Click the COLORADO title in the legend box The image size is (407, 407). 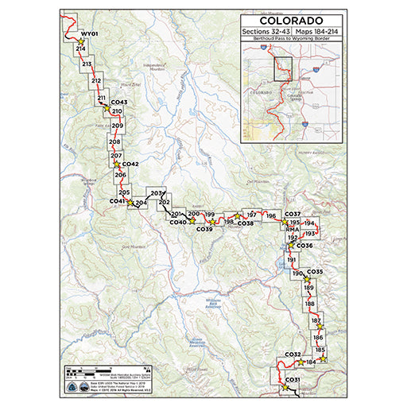tap(291, 19)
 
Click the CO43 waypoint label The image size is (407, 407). tap(119, 103)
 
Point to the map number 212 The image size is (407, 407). tap(96, 81)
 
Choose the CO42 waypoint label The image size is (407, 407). tap(130, 164)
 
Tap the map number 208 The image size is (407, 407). tap(114, 141)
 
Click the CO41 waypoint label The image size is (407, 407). tap(117, 202)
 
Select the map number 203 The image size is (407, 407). tap(156, 194)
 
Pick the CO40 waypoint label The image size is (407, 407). tap(178, 222)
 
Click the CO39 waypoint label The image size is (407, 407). tap(203, 229)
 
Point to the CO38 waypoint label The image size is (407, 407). tap(246, 223)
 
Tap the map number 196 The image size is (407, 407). tap(270, 215)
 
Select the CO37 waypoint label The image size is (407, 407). tap(293, 215)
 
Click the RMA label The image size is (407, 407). tap(291, 229)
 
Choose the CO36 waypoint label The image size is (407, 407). tap(305, 246)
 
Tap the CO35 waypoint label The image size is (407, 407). tap(315, 272)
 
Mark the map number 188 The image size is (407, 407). tap(310, 304)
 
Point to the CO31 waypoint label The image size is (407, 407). tap(292, 379)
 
